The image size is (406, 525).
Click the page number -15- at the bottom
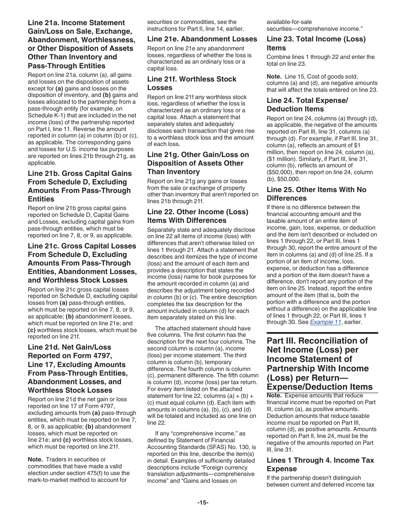pos(203,502)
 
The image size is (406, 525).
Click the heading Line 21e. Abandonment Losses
pos(202,39)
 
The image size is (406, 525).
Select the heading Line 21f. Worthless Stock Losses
pos(192,83)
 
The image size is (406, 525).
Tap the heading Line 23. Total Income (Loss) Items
pos(316,43)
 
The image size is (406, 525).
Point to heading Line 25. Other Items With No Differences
pos(316,194)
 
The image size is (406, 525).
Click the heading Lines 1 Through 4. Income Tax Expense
pos(320,464)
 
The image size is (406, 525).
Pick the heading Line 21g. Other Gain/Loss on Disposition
pos(198,163)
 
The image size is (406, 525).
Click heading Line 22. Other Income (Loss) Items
pos(193,216)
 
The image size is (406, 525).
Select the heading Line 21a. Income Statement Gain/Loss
pos(81,44)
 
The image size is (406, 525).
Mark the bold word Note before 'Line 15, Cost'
pos(274,77)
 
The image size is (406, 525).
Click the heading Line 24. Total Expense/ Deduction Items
pos(307,105)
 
